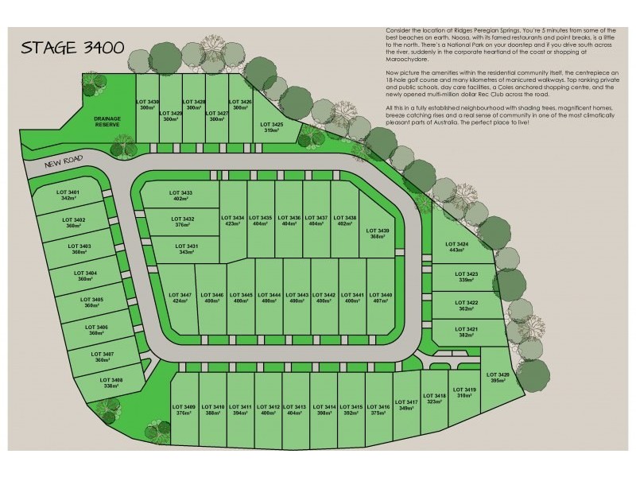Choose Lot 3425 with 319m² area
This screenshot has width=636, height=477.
point(271,127)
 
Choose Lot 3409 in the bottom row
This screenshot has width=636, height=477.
point(183,411)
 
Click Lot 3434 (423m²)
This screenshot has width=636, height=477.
point(234,220)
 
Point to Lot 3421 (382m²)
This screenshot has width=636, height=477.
point(467,332)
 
